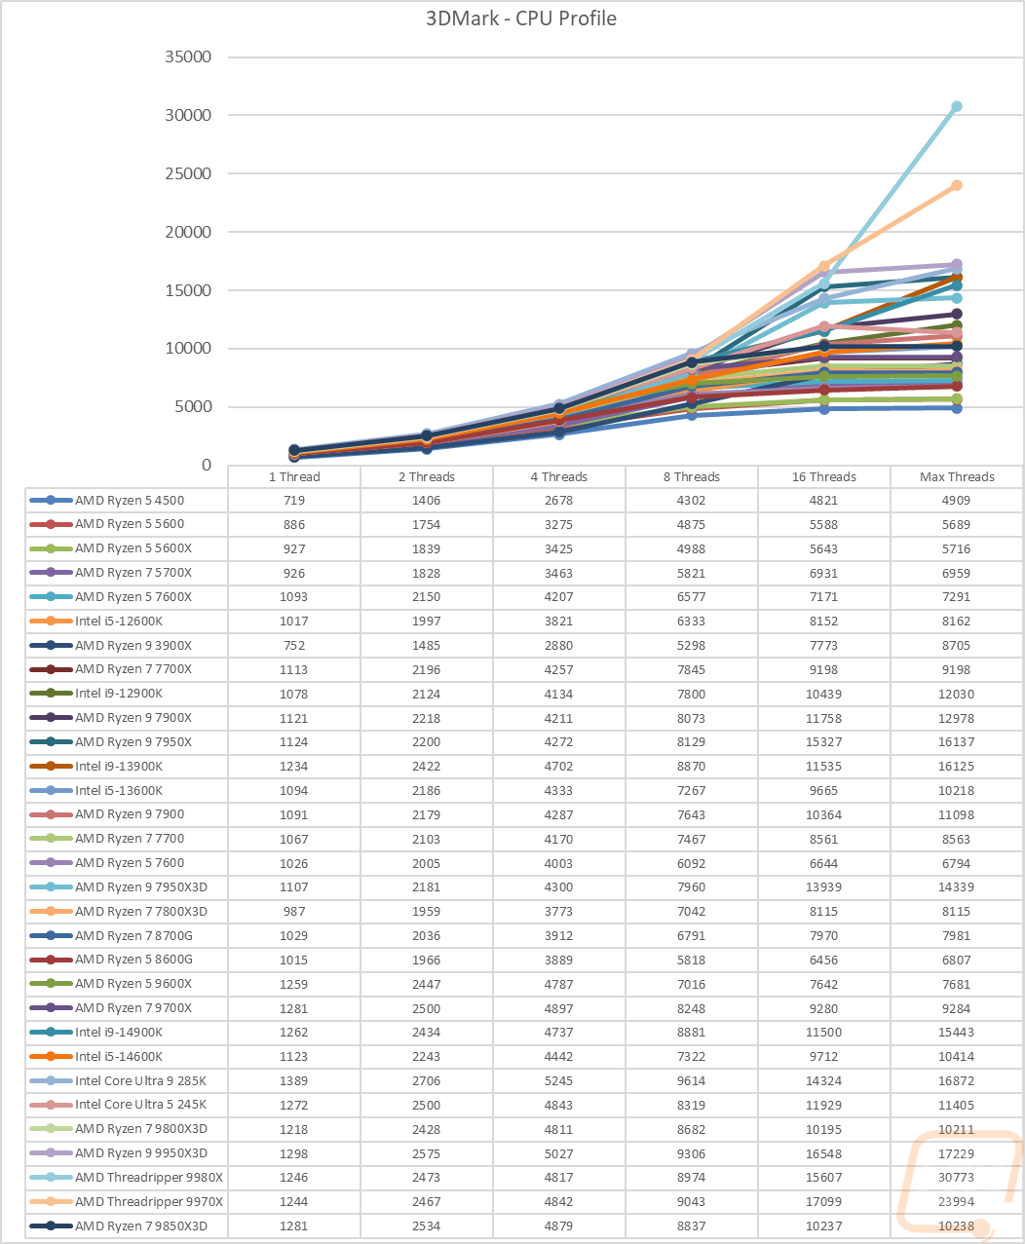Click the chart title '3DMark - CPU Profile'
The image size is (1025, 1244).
[520, 19]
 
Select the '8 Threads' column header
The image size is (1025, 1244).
[692, 476]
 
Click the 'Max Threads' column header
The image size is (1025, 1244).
[957, 476]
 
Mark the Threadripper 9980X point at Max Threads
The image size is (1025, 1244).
[957, 106]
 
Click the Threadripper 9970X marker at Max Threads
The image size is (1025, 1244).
[957, 185]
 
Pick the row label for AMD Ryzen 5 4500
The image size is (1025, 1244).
[130, 500]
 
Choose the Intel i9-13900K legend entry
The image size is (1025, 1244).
[119, 766]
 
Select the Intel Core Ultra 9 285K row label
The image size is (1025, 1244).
[140, 1080]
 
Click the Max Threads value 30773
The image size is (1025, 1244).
[957, 1177]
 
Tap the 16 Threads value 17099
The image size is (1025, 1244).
[824, 1201]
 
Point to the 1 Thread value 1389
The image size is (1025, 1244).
[294, 1080]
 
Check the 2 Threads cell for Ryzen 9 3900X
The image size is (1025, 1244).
[427, 645]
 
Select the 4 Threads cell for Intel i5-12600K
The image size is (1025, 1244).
[559, 621]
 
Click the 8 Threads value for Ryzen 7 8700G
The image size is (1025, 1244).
[692, 935]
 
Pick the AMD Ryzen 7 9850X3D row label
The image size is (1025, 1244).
[141, 1225]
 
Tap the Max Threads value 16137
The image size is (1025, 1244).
[957, 741]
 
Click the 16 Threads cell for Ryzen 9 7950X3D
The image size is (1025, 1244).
[824, 886]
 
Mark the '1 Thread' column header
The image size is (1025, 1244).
[294, 476]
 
